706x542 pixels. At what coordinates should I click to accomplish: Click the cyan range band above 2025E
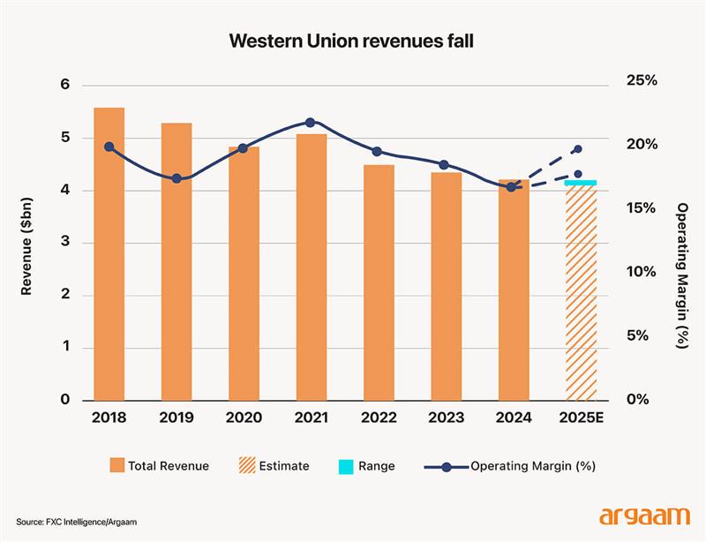[581, 183]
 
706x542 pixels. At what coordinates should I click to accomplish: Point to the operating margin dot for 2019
[176, 178]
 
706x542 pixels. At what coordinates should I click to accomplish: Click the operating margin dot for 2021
[310, 122]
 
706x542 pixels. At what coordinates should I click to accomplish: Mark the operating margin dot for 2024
[511, 187]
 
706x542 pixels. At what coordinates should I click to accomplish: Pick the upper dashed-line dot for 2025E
[578, 149]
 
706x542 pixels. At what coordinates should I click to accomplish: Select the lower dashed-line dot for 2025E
[578, 175]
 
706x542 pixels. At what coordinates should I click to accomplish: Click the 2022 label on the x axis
[379, 418]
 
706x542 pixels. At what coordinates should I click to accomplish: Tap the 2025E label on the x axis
[581, 418]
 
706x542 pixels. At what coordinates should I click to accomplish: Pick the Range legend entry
[364, 465]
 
